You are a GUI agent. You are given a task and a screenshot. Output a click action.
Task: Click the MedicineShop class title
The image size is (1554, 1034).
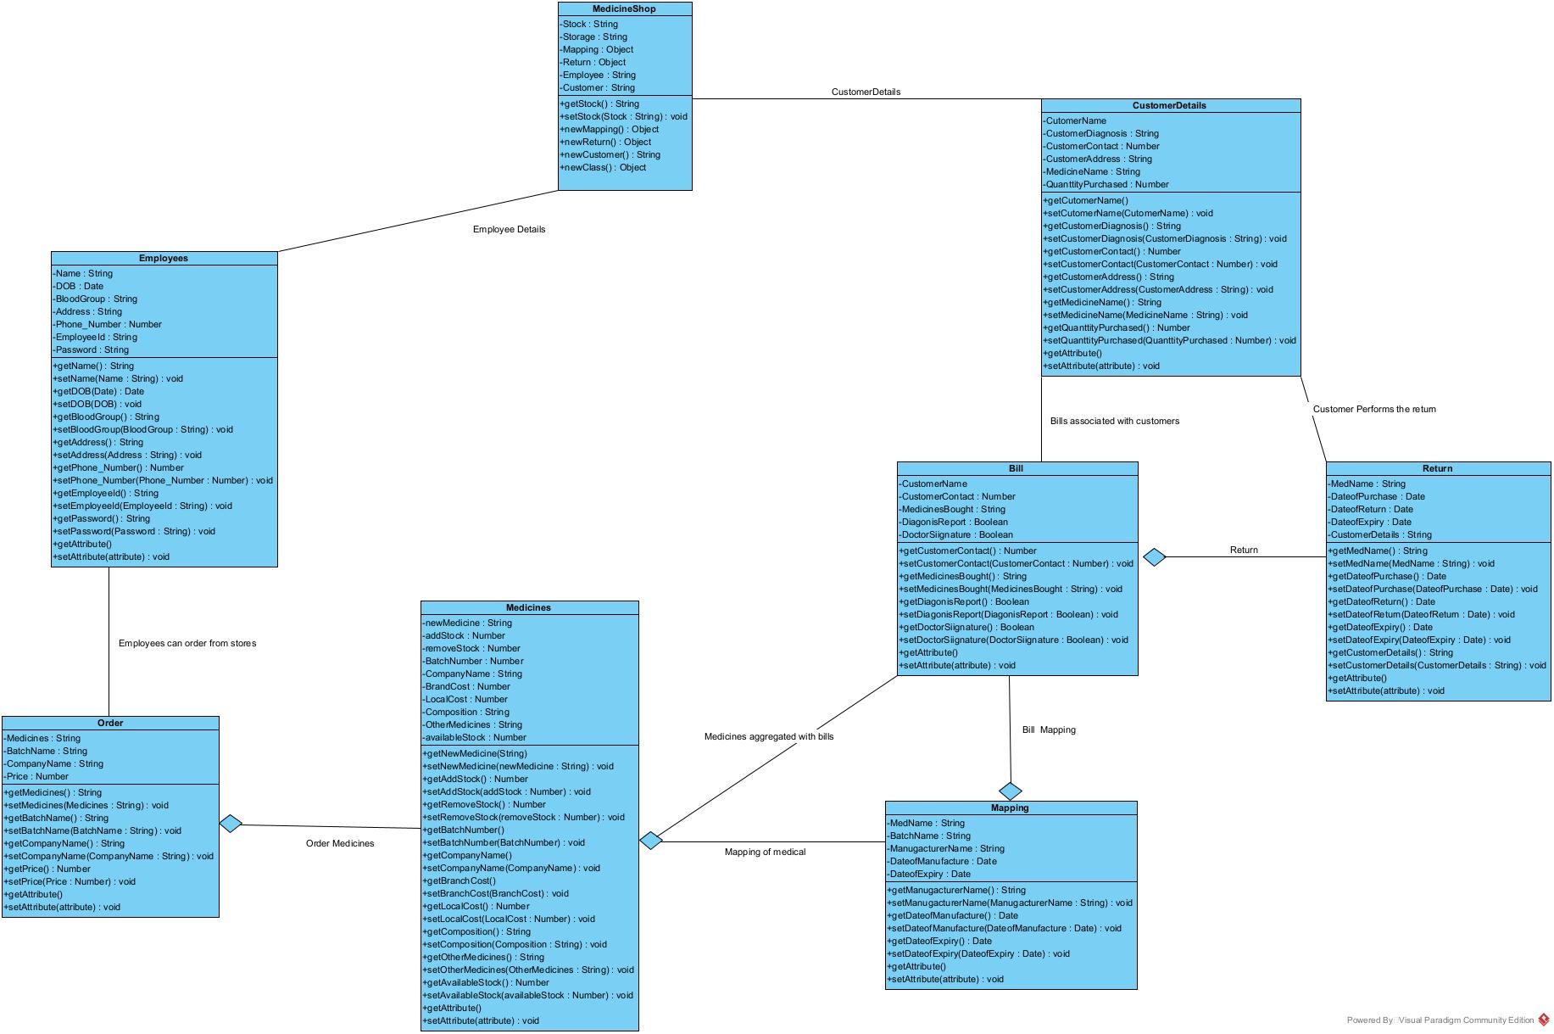pyautogui.click(x=624, y=8)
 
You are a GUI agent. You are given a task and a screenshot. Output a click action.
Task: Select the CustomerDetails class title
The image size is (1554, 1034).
pyautogui.click(x=1169, y=105)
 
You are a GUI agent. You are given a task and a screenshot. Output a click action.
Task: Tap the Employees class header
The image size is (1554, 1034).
pyautogui.click(x=164, y=258)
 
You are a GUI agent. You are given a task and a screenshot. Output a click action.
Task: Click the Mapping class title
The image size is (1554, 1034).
pyautogui.click(x=1010, y=808)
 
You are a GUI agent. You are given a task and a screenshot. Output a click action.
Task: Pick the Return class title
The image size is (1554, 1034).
pyautogui.click(x=1437, y=468)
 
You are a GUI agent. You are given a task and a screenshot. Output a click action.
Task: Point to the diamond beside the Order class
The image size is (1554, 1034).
pyautogui.click(x=231, y=823)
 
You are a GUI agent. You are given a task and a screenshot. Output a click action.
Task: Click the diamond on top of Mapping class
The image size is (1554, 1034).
pyautogui.click(x=1011, y=791)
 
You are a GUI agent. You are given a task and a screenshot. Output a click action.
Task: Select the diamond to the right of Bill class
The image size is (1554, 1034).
pyautogui.click(x=1155, y=556)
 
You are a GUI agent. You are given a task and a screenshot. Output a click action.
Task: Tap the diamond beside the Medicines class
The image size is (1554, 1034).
pyautogui.click(x=650, y=840)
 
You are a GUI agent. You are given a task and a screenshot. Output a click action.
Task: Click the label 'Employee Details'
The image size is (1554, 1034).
pyautogui.click(x=509, y=229)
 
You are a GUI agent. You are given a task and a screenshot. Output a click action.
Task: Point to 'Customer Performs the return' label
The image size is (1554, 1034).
pyautogui.click(x=1374, y=409)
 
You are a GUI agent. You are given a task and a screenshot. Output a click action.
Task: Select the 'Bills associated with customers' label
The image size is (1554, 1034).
pyautogui.click(x=1114, y=421)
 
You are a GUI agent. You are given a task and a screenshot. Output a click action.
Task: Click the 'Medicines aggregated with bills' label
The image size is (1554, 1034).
pyautogui.click(x=768, y=736)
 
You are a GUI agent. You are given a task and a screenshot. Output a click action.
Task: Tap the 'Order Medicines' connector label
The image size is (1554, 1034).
pyautogui.click(x=339, y=843)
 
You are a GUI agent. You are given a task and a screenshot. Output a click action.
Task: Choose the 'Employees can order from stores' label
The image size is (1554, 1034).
pyautogui.click(x=187, y=643)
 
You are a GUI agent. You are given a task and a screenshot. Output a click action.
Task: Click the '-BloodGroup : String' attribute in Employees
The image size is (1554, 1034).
pyautogui.click(x=96, y=299)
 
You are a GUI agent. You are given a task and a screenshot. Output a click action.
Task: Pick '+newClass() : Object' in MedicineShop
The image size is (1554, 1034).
pyautogui.click(x=604, y=167)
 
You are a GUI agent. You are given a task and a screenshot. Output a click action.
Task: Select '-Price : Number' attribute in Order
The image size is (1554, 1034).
pyautogui.click(x=37, y=776)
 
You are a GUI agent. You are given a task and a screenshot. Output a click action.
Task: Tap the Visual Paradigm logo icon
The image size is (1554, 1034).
pyautogui.click(x=1544, y=1020)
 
